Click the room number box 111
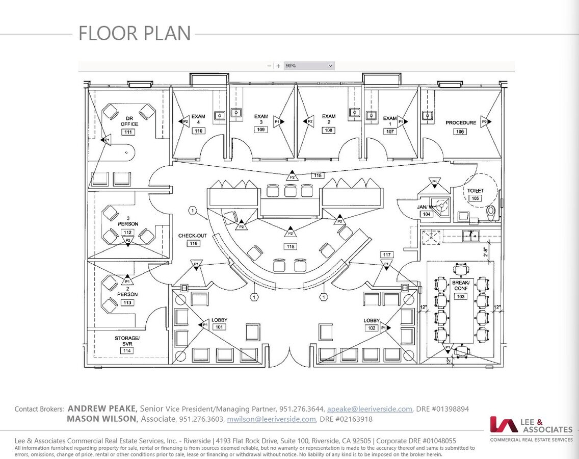128,132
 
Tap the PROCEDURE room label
460,123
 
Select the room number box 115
290,247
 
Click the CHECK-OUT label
192,236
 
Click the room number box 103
461,296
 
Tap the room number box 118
318,175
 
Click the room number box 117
386,254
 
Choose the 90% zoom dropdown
309,66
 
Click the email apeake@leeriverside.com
370,409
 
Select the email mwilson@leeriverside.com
271,419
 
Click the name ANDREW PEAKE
102,409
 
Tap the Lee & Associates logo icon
504,424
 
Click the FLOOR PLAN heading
135,34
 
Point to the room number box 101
219,327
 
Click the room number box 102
372,328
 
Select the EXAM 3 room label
261,120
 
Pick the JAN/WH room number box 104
426,215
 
